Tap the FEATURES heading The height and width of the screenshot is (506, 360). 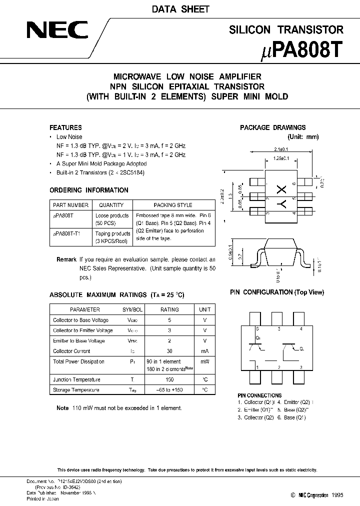click(65, 127)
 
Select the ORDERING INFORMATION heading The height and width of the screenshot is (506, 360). click(89, 190)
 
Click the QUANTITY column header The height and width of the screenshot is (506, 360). click(111, 205)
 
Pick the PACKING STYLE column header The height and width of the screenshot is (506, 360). click(173, 205)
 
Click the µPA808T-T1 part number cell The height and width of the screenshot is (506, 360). click(66, 233)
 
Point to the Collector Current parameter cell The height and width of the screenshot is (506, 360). click(71, 351)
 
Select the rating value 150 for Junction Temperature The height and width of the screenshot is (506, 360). click(169, 380)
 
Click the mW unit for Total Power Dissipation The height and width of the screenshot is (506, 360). click(205, 361)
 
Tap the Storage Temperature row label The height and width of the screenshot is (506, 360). click(76, 390)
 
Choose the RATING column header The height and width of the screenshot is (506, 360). click(169, 309)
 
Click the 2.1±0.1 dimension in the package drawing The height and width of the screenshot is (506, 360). click(280, 149)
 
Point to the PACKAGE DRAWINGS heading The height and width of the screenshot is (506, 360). click(272, 127)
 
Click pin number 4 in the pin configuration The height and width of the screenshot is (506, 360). click(300, 329)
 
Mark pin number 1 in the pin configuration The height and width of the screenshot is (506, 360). click(257, 367)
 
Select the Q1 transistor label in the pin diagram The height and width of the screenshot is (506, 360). click(258, 338)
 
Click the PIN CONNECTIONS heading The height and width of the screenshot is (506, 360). click(259, 395)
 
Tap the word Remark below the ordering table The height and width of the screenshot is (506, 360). click(66, 259)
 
